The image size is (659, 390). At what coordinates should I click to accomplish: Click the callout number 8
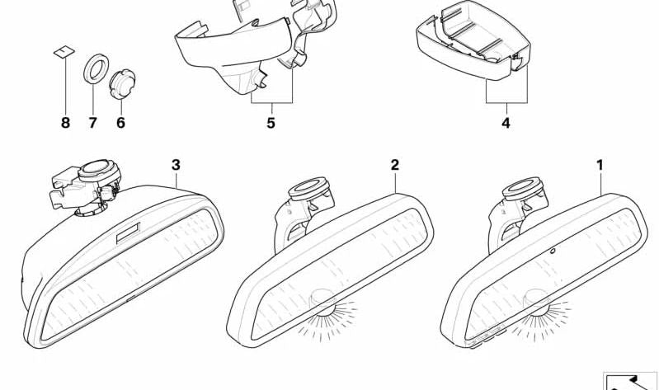click(65, 123)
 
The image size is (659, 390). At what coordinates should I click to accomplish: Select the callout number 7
click(92, 123)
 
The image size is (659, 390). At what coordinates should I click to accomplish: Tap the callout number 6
click(120, 123)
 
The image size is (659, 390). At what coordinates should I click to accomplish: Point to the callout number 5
click(271, 123)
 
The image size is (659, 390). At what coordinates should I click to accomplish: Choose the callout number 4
click(506, 123)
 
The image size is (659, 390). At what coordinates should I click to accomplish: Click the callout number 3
click(176, 165)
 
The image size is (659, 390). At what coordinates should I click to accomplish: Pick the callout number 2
click(394, 165)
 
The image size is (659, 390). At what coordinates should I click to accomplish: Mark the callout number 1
click(600, 165)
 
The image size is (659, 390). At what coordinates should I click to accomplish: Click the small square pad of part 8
click(64, 52)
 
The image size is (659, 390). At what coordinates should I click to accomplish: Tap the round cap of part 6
click(122, 84)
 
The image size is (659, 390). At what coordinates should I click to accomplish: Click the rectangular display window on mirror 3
click(128, 233)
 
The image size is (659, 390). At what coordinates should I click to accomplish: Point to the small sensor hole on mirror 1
click(553, 251)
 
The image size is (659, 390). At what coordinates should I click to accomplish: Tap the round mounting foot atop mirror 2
click(308, 188)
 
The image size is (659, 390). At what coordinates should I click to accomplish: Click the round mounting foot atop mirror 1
click(522, 188)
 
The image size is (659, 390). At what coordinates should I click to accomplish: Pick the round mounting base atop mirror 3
click(99, 170)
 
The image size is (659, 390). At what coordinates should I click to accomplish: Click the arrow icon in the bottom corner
click(630, 381)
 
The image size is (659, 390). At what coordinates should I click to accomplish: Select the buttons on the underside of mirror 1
click(487, 336)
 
